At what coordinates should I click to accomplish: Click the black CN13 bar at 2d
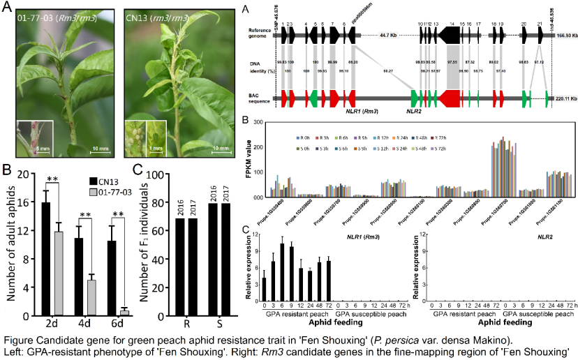[x=45, y=259]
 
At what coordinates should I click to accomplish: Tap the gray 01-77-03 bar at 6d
[x=124, y=313]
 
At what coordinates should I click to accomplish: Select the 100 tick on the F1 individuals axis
[x=155, y=174]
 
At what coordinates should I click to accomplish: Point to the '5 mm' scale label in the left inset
[x=41, y=148]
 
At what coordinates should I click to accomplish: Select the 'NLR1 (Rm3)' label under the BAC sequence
[x=362, y=110]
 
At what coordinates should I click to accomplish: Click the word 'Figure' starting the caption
[x=17, y=340]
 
